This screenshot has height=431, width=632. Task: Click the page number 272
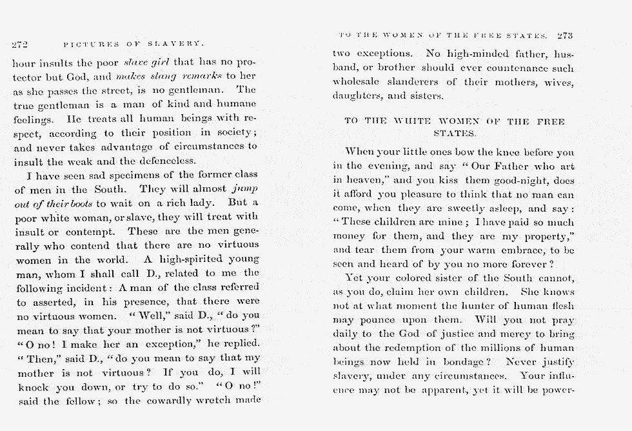(x=20, y=45)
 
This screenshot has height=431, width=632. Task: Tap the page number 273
(x=565, y=35)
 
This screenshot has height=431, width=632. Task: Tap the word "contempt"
(x=94, y=231)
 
